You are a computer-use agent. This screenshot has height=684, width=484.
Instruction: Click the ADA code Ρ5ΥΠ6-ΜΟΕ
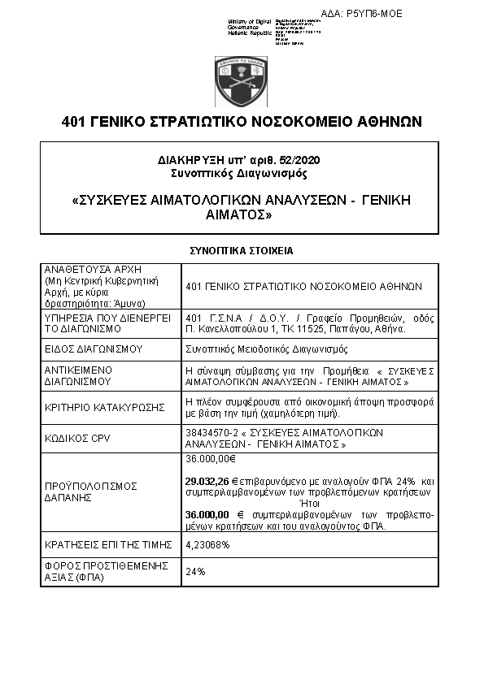[x=373, y=14]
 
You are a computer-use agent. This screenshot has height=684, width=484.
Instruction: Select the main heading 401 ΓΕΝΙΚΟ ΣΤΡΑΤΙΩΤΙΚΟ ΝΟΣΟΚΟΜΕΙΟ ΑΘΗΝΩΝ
[x=242, y=123]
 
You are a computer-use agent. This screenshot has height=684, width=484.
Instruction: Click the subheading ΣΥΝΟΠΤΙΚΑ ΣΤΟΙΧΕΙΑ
[x=241, y=251]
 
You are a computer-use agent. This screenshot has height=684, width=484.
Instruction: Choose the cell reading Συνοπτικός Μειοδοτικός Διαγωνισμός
[x=267, y=349]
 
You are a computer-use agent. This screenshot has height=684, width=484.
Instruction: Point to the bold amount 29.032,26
[x=207, y=481]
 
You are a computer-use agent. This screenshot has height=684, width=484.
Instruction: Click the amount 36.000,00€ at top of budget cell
[x=211, y=459]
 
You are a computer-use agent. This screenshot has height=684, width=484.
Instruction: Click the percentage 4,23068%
[x=207, y=545]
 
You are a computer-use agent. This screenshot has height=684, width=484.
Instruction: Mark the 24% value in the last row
[x=195, y=572]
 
